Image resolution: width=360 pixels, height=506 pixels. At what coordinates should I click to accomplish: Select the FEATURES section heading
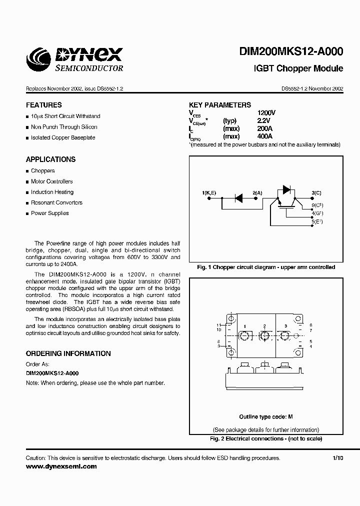point(44,105)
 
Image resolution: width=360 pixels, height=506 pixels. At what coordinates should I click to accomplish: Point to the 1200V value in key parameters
point(266,113)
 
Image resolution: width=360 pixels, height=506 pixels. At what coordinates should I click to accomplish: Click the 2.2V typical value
point(263,120)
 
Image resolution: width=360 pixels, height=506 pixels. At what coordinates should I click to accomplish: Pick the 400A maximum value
point(265,136)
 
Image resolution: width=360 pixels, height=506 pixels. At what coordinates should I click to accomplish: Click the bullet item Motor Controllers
point(51,181)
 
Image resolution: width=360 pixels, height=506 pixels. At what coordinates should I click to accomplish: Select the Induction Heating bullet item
point(52,192)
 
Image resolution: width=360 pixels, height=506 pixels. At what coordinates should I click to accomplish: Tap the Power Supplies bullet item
point(50,213)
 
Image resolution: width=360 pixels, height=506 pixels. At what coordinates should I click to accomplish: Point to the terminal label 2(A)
point(257,192)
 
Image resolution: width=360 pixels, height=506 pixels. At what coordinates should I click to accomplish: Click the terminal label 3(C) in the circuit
point(316,192)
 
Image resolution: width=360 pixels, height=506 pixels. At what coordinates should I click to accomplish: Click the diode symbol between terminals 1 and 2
point(239,198)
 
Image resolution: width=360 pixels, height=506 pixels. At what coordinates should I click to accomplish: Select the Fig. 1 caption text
point(265,267)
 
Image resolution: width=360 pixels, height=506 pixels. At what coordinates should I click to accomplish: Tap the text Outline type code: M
point(265,416)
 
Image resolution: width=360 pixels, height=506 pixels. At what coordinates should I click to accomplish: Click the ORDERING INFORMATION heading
point(68,353)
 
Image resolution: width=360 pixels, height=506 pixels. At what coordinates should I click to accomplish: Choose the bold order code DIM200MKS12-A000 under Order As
point(52,373)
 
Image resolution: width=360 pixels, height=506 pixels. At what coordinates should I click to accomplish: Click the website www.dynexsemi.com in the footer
point(61,466)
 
